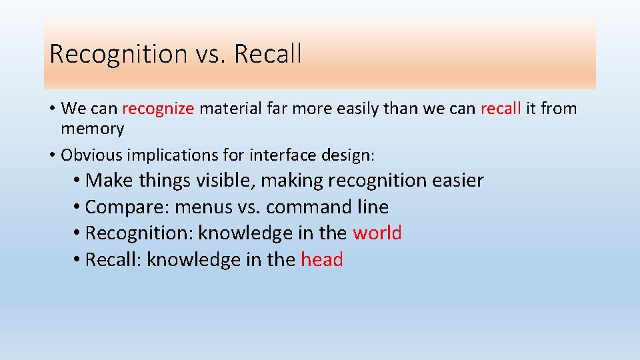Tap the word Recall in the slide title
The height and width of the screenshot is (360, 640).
(267, 53)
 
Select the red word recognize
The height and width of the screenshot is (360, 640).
(158, 109)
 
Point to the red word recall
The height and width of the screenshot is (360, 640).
(500, 108)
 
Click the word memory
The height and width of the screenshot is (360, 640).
(92, 129)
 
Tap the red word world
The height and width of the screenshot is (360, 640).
(377, 233)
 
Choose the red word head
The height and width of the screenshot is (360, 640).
(322, 259)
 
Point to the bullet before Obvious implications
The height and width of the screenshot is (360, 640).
(52, 155)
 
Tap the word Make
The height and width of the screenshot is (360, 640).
(109, 180)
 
